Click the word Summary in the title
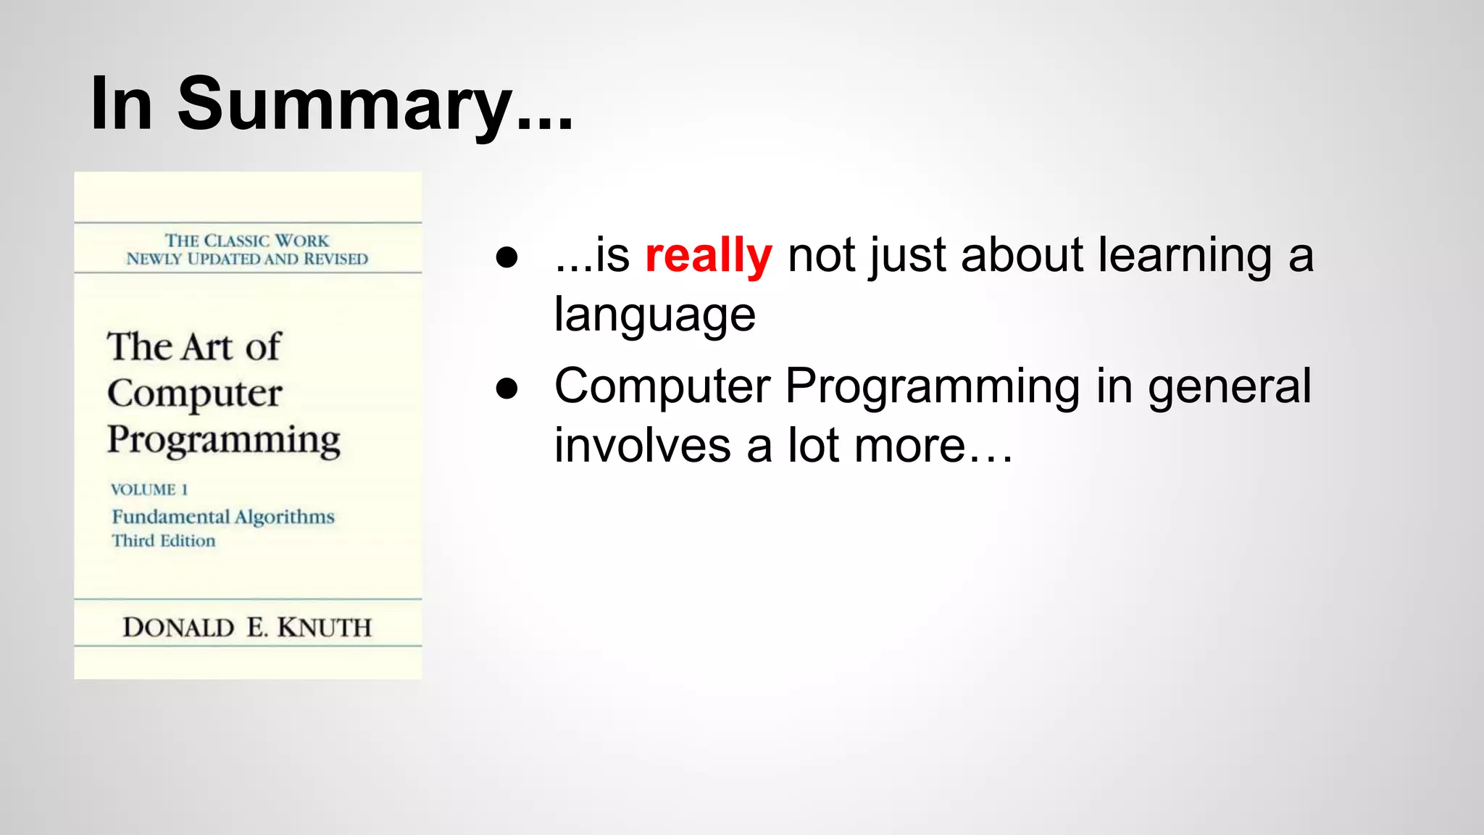[x=344, y=105]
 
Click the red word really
[x=708, y=256]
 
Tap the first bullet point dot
[x=507, y=258]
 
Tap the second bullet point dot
[x=507, y=389]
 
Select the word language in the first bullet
[x=654, y=315]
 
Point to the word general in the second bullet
[x=1229, y=386]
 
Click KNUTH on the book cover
[x=324, y=628]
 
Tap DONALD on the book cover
[x=178, y=628]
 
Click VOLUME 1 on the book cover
[x=149, y=490]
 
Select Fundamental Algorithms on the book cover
[x=222, y=517]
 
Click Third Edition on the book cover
[x=163, y=541]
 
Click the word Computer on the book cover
[x=194, y=394]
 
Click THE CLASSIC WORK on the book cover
[x=246, y=241]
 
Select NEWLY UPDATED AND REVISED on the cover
[x=246, y=259]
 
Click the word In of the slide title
[x=121, y=105]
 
